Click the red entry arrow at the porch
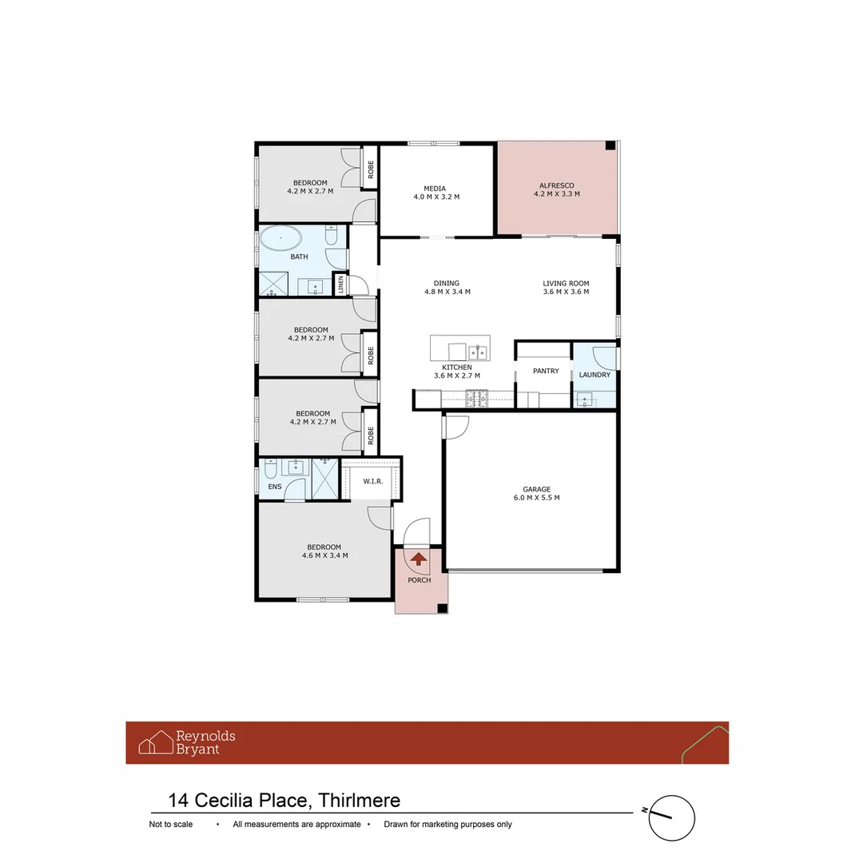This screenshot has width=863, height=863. [x=418, y=559]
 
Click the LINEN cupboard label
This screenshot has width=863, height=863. [x=340, y=285]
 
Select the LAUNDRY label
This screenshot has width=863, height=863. [x=595, y=375]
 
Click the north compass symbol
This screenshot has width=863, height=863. [x=670, y=818]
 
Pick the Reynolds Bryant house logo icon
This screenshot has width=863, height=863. [x=156, y=742]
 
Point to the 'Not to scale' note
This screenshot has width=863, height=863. [x=170, y=825]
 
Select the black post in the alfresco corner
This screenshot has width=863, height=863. [x=610, y=145]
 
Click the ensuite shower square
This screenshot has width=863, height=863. [x=325, y=479]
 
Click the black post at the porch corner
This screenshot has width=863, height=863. [x=442, y=608]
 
